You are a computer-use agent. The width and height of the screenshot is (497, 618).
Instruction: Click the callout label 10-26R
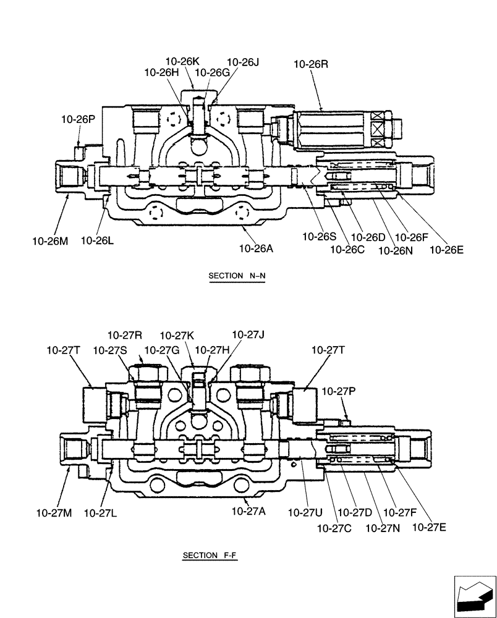tap(311, 63)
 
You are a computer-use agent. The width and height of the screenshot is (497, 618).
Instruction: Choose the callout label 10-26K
tap(182, 61)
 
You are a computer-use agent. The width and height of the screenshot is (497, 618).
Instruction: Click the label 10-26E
tap(446, 250)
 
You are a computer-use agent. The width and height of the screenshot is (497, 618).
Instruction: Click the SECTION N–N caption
tap(237, 276)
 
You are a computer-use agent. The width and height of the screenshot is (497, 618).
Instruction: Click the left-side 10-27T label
tap(63, 350)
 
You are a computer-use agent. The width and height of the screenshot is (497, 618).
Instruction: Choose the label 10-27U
tap(305, 512)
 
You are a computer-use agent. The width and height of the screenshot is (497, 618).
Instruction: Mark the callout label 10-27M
tap(53, 512)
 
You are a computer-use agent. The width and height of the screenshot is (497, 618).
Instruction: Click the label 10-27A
tap(248, 511)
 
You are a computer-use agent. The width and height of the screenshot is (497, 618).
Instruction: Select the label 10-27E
tap(429, 527)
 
